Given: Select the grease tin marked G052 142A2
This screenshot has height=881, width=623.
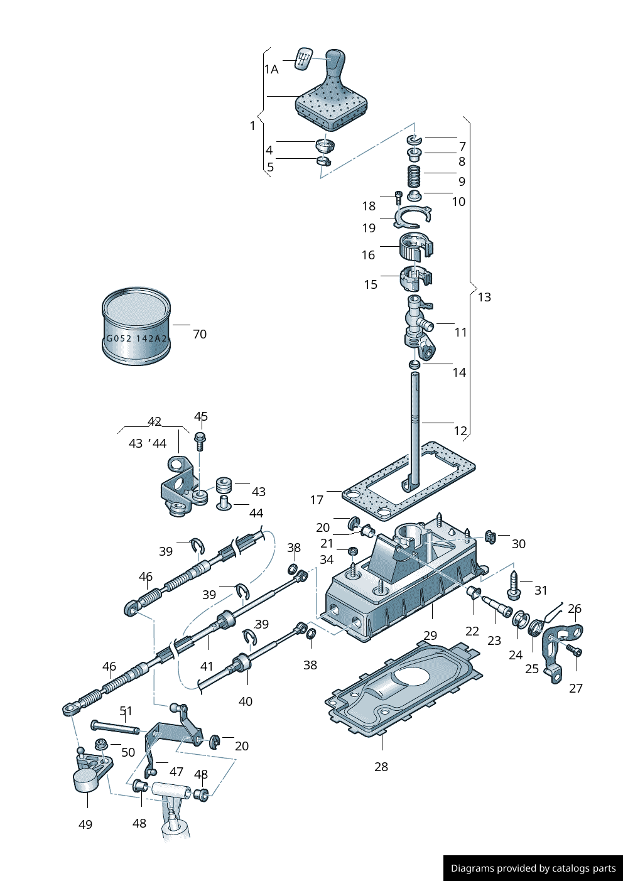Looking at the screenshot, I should tap(136, 327).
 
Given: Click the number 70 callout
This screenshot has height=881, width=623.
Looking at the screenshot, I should tap(200, 334).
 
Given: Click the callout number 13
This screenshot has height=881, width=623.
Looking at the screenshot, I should tap(484, 297).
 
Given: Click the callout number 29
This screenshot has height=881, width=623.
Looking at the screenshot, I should tap(430, 635).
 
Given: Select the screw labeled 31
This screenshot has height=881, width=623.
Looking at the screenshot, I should tap(513, 585).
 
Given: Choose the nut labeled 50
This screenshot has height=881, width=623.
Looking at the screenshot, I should tap(100, 745).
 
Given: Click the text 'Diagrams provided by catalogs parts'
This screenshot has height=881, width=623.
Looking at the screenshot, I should tap(533, 868).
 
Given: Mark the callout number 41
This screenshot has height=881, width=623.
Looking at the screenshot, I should tap(207, 666).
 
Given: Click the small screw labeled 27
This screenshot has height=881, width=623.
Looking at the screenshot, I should tap(573, 651).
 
